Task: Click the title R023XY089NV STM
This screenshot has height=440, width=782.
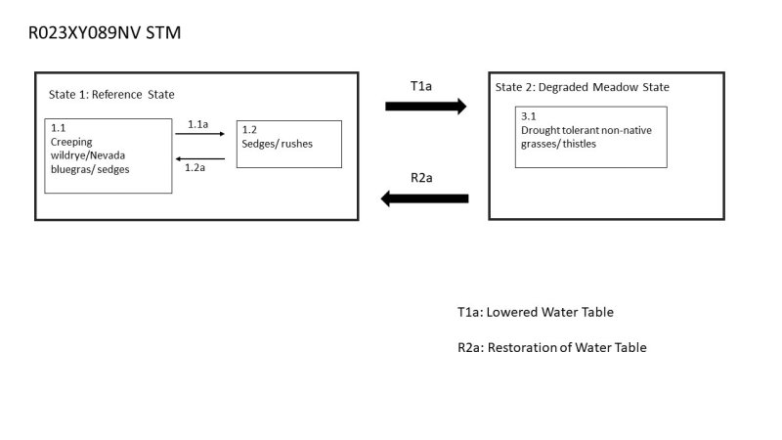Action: (x=106, y=33)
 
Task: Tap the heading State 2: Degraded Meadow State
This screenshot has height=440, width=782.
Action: (x=582, y=87)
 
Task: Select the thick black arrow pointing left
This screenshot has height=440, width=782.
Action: (x=425, y=198)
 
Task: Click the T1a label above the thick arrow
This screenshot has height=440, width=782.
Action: (x=421, y=85)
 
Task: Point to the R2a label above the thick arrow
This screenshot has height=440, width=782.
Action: (x=421, y=177)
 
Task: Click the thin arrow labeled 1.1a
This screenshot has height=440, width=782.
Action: (x=199, y=134)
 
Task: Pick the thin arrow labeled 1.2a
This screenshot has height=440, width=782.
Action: (x=199, y=156)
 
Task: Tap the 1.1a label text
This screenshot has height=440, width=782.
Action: (x=198, y=124)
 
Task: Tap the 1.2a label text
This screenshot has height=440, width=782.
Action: (x=195, y=167)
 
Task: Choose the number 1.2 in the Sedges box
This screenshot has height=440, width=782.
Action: (x=249, y=130)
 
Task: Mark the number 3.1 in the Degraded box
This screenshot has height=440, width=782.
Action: (x=528, y=116)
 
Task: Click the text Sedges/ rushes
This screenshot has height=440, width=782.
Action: (x=278, y=144)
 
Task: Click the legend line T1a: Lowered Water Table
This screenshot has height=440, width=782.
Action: (x=535, y=312)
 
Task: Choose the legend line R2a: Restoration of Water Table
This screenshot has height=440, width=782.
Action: (x=551, y=347)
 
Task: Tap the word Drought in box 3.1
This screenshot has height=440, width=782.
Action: (x=542, y=130)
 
